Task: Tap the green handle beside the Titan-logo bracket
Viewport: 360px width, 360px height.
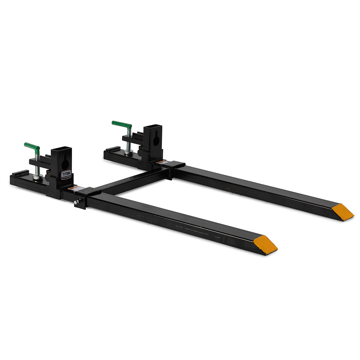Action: (x=32, y=146)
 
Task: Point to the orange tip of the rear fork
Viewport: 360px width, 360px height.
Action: (x=342, y=211)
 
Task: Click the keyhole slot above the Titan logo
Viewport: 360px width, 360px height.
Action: (x=65, y=164)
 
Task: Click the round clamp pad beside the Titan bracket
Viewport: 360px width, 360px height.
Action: (x=47, y=177)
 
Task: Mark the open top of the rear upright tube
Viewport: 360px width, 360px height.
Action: (x=153, y=126)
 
